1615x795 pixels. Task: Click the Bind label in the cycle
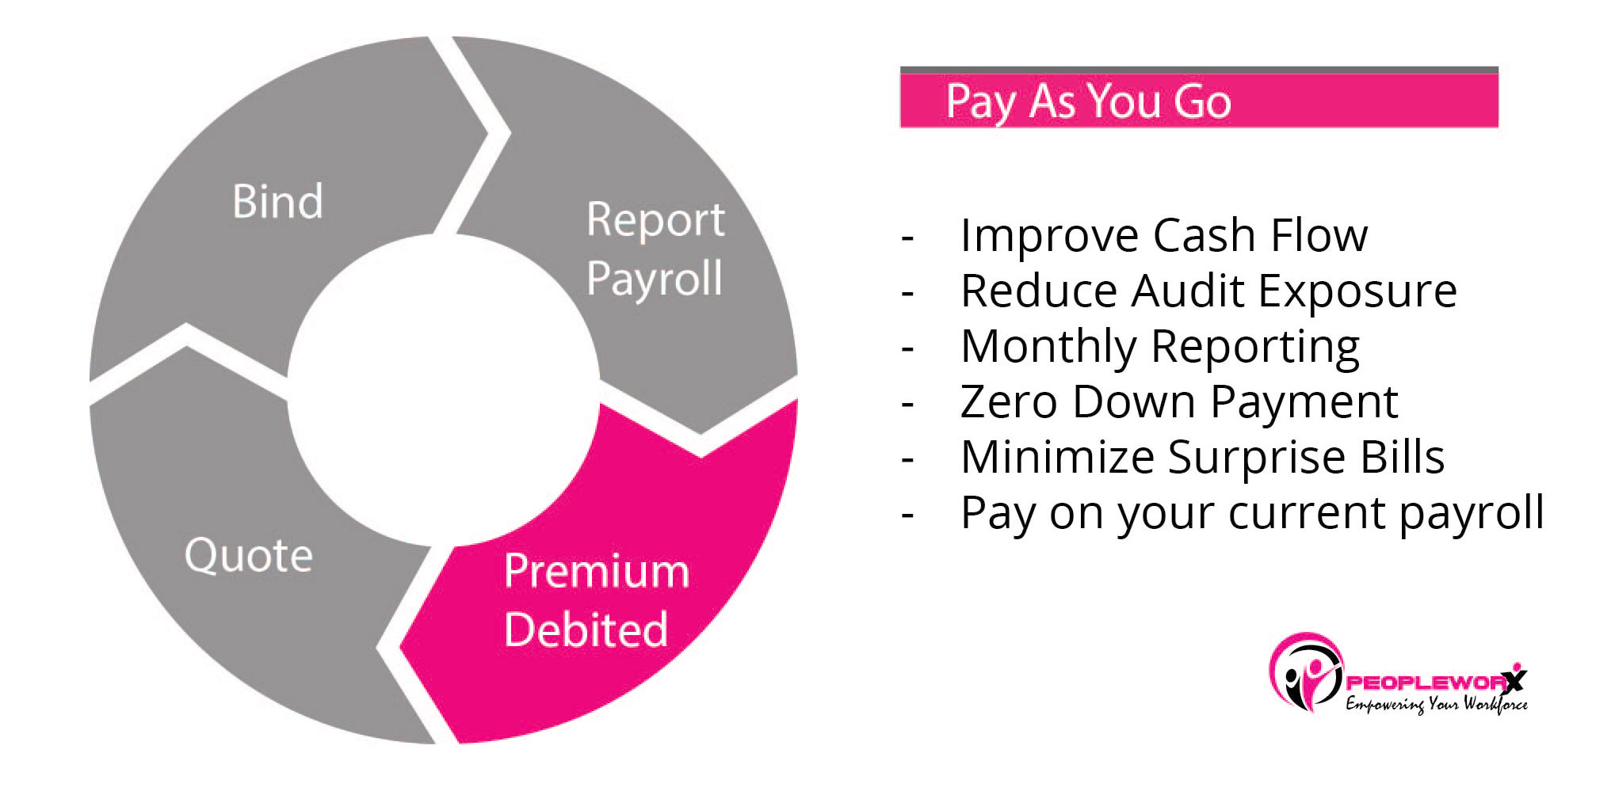click(277, 201)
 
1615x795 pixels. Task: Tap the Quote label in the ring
click(248, 555)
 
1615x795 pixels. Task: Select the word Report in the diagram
click(655, 220)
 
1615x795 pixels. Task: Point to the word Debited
click(586, 630)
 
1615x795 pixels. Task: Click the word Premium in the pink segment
click(596, 571)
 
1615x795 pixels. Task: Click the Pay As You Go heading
click(1088, 101)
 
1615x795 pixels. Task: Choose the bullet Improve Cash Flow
click(1163, 235)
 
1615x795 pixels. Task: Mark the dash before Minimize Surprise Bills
click(908, 458)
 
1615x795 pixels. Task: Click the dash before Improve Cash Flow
click(908, 237)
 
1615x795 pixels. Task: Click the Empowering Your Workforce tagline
click(1436, 704)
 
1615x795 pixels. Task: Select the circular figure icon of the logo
click(1306, 673)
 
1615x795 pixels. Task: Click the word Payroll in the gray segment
click(655, 279)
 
